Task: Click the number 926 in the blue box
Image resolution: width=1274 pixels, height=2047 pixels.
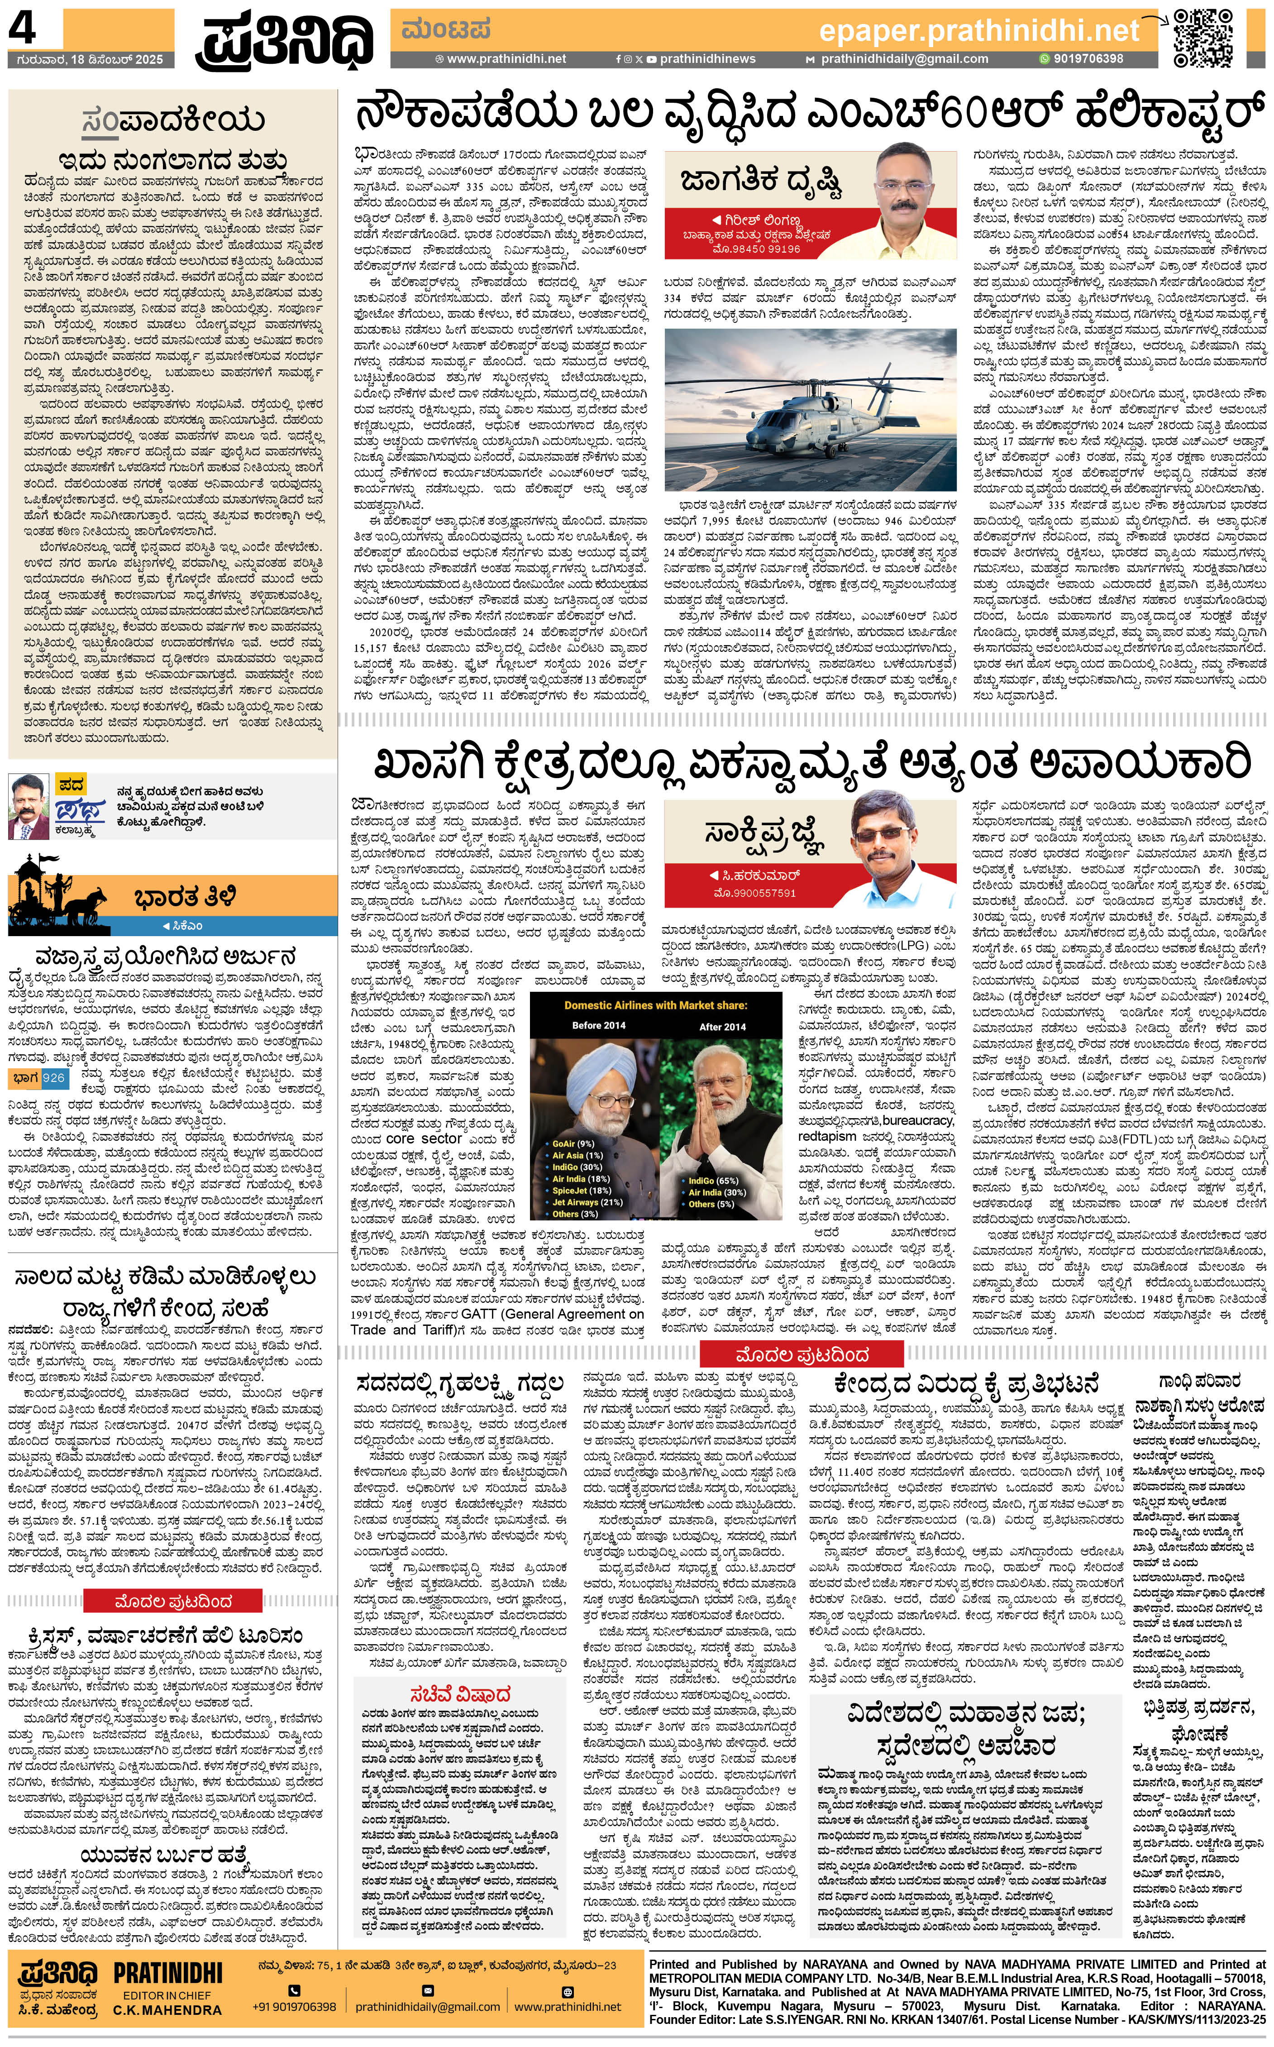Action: click(x=53, y=1078)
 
